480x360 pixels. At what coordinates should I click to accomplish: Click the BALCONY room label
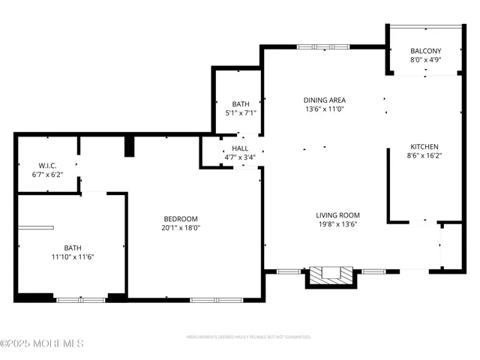pyautogui.click(x=425, y=51)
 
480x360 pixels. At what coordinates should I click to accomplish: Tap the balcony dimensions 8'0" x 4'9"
pyautogui.click(x=425, y=60)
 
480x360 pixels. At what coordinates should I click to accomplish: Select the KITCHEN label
pyautogui.click(x=424, y=147)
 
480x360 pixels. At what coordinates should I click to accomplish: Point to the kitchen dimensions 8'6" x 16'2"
pyautogui.click(x=424, y=156)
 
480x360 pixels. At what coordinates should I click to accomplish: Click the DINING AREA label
pyautogui.click(x=324, y=100)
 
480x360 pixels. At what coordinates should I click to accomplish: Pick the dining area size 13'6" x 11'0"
pyautogui.click(x=324, y=109)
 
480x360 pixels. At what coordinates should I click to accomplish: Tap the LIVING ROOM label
pyautogui.click(x=337, y=215)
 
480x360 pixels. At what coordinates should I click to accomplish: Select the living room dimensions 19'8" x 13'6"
pyautogui.click(x=337, y=224)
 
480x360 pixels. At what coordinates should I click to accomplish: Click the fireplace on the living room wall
pyautogui.click(x=330, y=274)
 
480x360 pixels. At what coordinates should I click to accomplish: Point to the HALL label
pyautogui.click(x=240, y=148)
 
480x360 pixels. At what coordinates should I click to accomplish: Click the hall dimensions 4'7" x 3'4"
pyautogui.click(x=240, y=157)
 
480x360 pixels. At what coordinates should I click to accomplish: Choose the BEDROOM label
pyautogui.click(x=181, y=218)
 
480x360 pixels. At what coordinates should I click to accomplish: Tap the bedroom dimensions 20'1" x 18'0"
pyautogui.click(x=181, y=227)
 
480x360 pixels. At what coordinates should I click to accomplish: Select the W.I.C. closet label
pyautogui.click(x=48, y=165)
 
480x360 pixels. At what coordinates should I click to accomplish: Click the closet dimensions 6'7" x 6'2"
pyautogui.click(x=48, y=174)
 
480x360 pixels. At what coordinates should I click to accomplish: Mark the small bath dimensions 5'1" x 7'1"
pyautogui.click(x=241, y=113)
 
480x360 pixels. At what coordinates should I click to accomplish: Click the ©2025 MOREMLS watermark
pyautogui.click(x=42, y=343)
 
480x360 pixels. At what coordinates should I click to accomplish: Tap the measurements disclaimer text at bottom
pyautogui.click(x=248, y=337)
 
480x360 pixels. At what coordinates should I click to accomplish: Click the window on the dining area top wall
pyautogui.click(x=323, y=47)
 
